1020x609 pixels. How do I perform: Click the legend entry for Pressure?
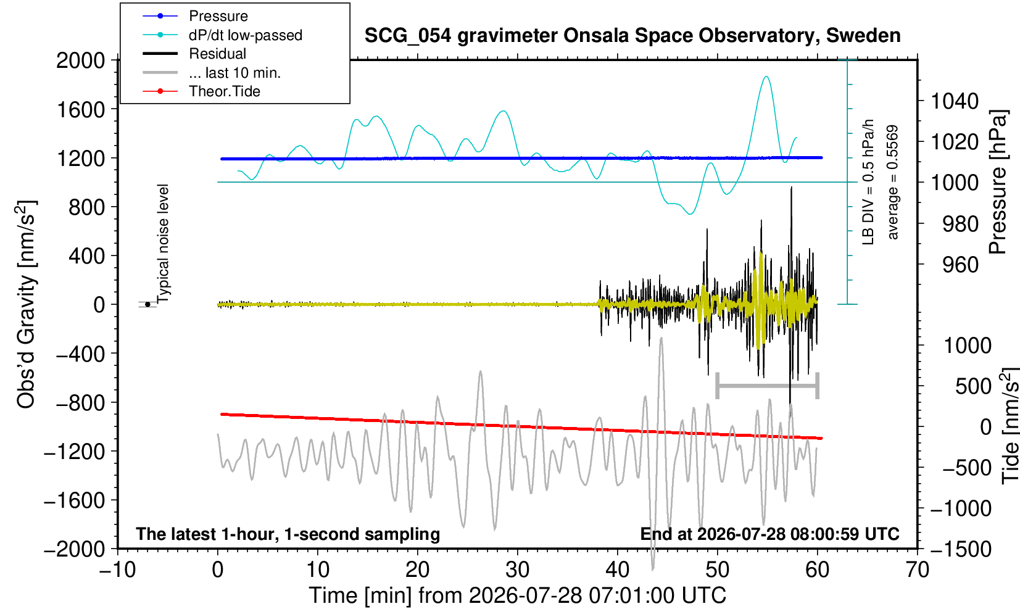196,16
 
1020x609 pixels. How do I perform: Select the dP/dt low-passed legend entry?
223,35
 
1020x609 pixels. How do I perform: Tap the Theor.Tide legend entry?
202,91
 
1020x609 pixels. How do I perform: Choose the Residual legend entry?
195,54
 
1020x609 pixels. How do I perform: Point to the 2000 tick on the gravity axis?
81,60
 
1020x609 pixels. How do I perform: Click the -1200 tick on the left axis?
75,452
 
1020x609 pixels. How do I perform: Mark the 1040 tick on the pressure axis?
955,101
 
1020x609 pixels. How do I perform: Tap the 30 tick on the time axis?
517,570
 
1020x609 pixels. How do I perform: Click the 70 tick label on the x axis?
916,570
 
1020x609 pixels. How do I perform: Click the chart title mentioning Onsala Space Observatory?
632,36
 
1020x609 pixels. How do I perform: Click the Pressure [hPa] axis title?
998,182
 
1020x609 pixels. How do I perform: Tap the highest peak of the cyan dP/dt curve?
767,77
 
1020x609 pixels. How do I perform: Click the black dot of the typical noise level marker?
147,304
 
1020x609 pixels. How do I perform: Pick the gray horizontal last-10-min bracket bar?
767,386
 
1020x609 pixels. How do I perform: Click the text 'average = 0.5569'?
893,182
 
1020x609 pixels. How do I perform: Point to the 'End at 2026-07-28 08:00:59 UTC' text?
769,534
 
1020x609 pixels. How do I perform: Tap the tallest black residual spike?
792,187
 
